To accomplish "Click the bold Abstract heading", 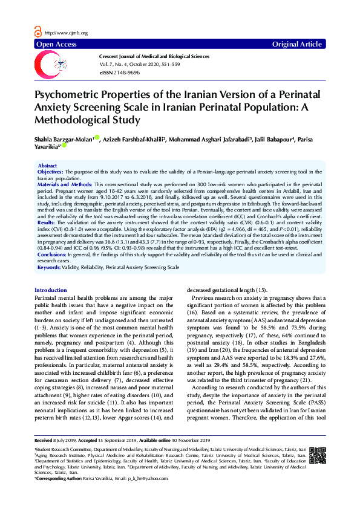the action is (47, 165).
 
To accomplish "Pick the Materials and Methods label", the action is (61, 183).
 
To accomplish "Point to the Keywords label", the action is (50, 267).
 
